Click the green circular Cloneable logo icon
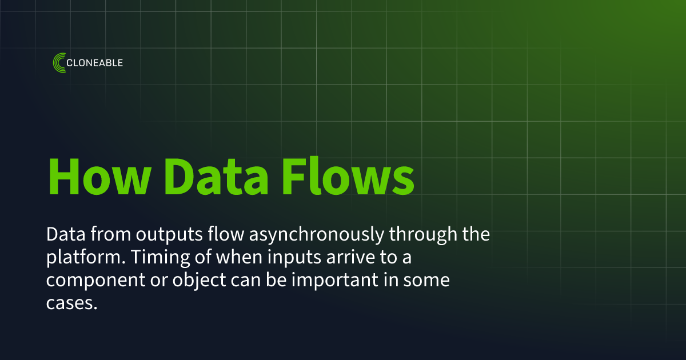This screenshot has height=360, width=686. coord(59,62)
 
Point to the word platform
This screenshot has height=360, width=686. coord(82,258)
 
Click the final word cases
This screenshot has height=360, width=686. coord(69,304)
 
